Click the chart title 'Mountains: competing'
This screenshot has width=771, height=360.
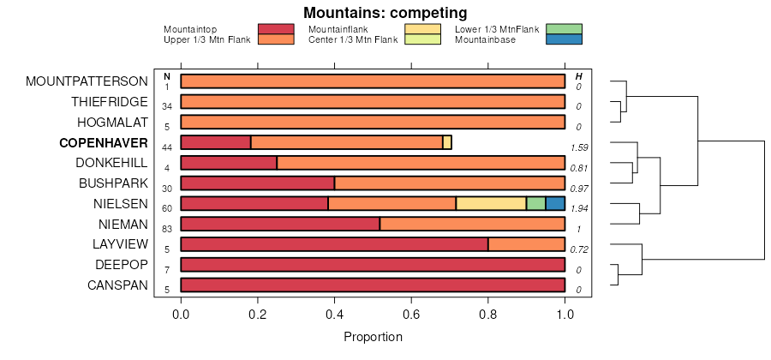pyautogui.click(x=385, y=13)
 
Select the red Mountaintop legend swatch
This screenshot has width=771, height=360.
pyautogui.click(x=276, y=29)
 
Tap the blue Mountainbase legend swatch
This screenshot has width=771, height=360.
pyautogui.click(x=564, y=39)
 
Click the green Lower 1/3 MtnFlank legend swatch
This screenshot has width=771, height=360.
pyautogui.click(x=564, y=29)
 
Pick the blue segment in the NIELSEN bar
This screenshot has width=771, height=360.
pyautogui.click(x=555, y=204)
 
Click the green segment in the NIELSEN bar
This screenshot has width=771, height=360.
pyautogui.click(x=536, y=204)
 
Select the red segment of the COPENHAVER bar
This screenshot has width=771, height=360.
pyautogui.click(x=216, y=142)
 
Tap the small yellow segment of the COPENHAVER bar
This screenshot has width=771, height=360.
pyautogui.click(x=447, y=142)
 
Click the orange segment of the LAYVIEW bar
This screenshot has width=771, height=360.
pyautogui.click(x=526, y=244)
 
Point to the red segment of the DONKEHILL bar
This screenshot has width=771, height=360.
pyautogui.click(x=229, y=163)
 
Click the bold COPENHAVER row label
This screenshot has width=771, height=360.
pyautogui.click(x=104, y=142)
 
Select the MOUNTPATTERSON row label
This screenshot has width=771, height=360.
pyautogui.click(x=87, y=81)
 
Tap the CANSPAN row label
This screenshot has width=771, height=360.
pyautogui.click(x=117, y=285)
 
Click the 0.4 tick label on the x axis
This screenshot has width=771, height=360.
pyautogui.click(x=334, y=315)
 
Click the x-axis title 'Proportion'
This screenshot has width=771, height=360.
pyautogui.click(x=373, y=337)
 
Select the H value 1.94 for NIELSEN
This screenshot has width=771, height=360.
pyautogui.click(x=579, y=208)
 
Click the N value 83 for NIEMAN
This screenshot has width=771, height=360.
pyautogui.click(x=167, y=229)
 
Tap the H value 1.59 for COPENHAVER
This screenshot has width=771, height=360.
pyautogui.click(x=579, y=147)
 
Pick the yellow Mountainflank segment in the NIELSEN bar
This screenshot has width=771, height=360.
pyautogui.click(x=491, y=204)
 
